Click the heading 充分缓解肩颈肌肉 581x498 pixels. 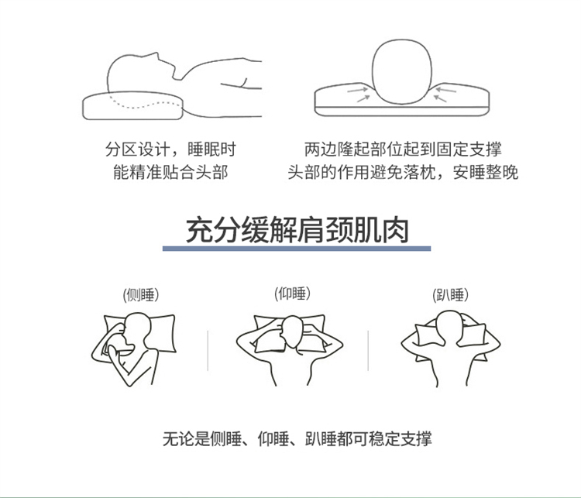coord(297,230)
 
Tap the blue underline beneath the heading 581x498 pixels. coord(297,249)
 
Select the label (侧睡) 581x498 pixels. coord(141,295)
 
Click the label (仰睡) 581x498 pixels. coord(292,294)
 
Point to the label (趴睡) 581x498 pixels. coord(451,295)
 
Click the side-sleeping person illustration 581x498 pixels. coord(134,349)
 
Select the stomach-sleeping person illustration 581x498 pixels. coord(451,349)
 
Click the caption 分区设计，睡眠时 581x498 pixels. coord(171,149)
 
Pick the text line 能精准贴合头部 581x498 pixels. coord(171,172)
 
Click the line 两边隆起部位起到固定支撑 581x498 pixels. coord(403,149)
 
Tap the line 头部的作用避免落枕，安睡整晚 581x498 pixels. coord(403,172)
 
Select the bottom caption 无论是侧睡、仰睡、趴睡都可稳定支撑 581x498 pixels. coord(297,438)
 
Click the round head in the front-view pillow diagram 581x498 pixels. coord(402,71)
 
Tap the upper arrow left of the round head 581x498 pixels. coord(357,90)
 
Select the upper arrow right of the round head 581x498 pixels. coord(446,90)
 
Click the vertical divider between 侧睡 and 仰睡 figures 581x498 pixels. coord(208,351)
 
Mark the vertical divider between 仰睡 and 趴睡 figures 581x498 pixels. coord(368,351)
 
